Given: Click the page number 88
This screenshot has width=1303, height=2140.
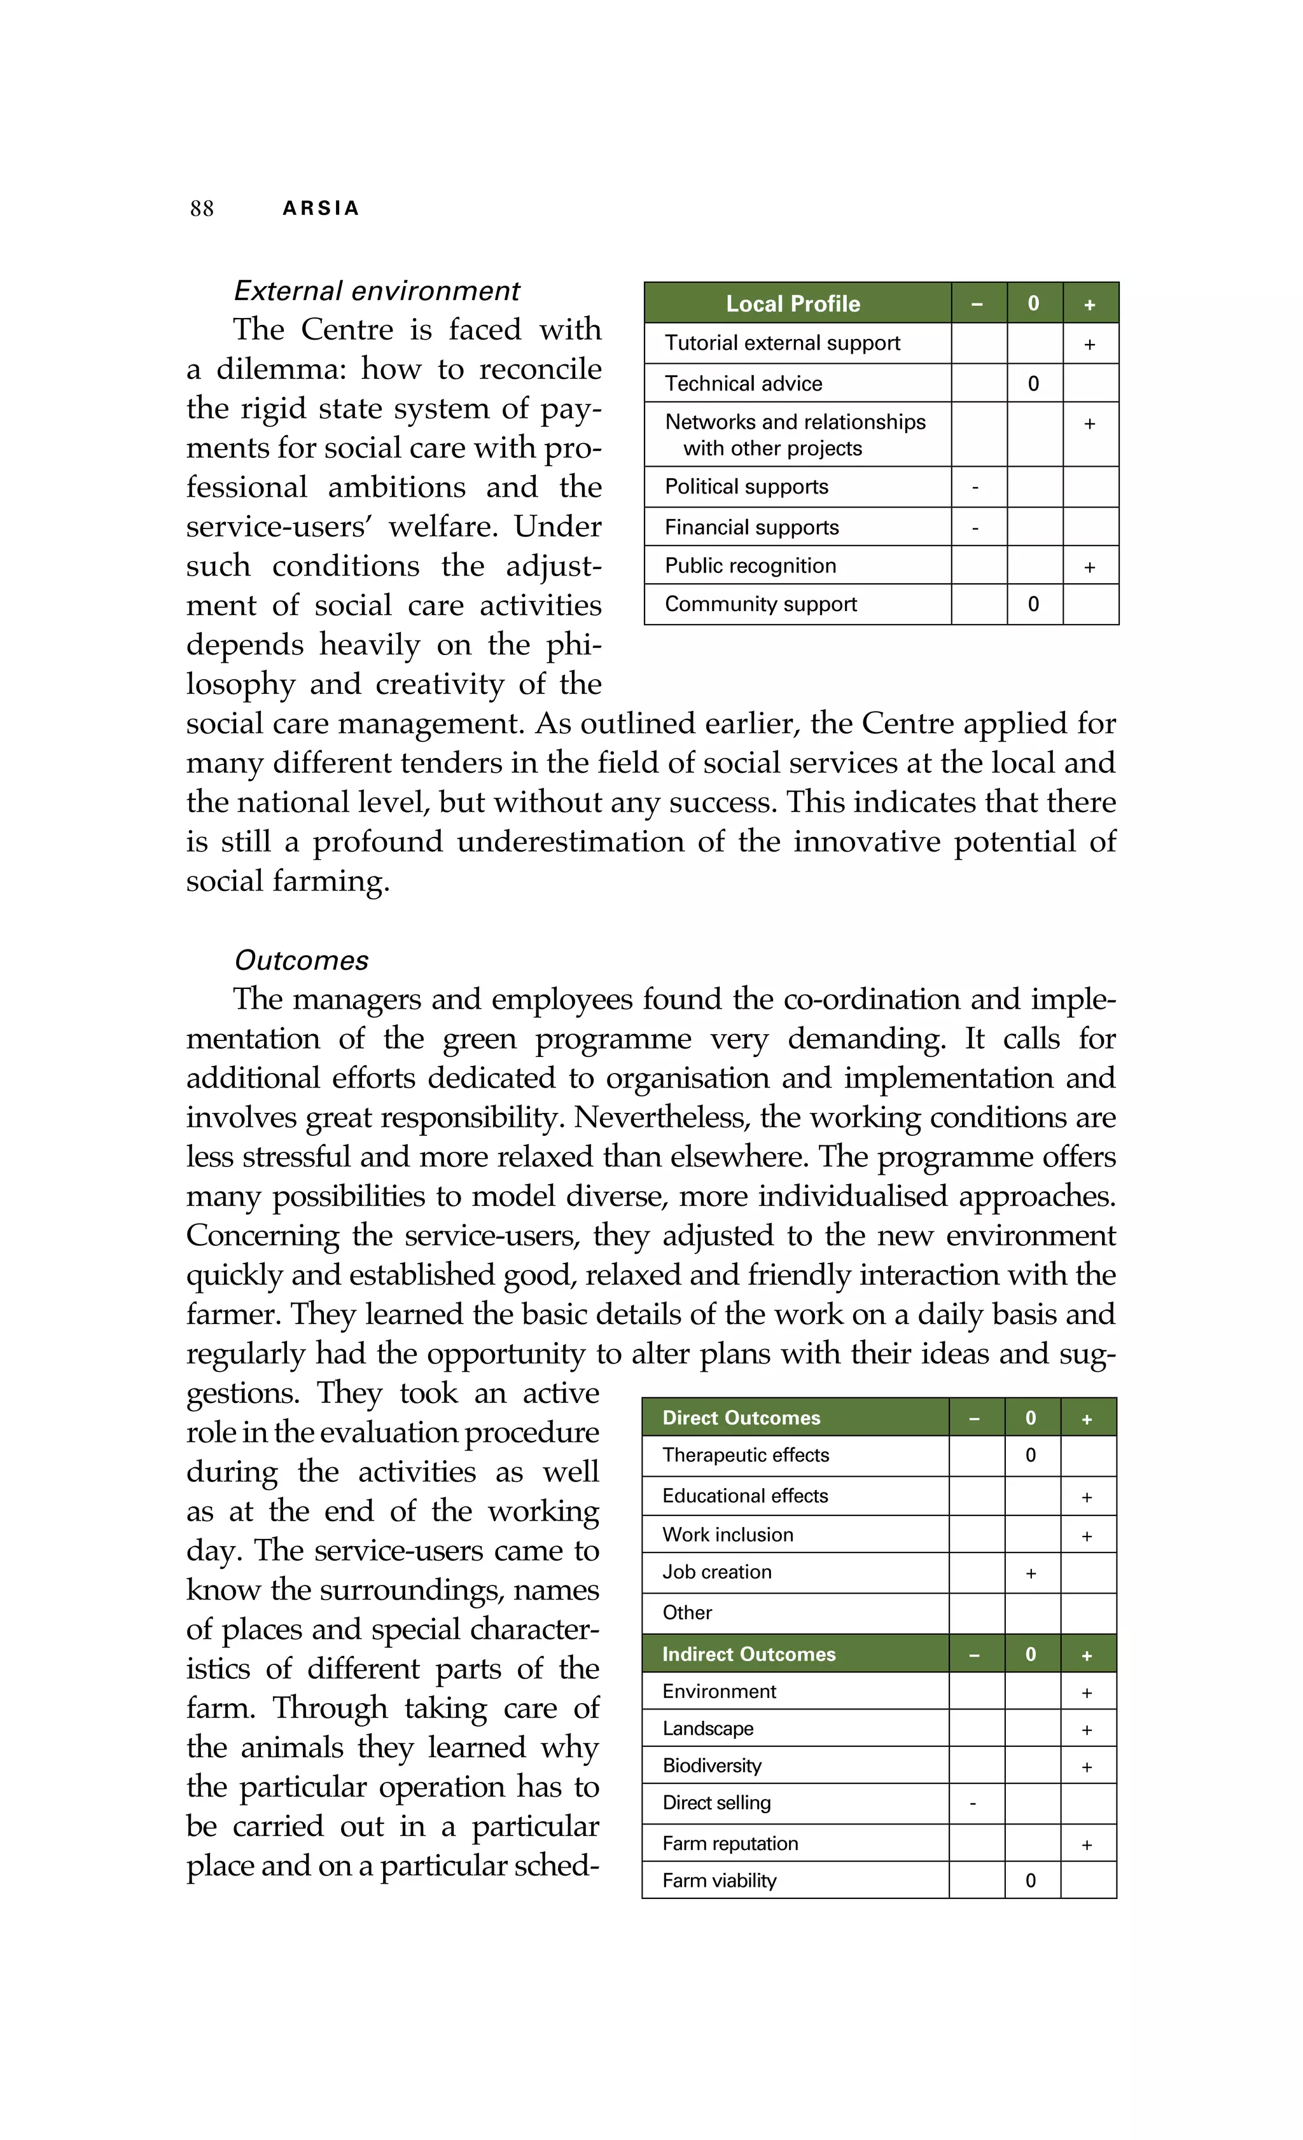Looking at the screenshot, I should click(x=202, y=209).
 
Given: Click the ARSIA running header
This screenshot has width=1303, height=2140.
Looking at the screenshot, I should click(x=321, y=209).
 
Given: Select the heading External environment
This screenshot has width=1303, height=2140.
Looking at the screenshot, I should click(x=376, y=291).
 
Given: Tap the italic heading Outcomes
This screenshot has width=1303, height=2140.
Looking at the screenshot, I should click(x=302, y=960).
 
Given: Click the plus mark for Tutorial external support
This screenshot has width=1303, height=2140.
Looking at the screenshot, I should click(x=1089, y=345).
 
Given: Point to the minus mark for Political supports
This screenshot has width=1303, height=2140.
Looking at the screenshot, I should click(x=975, y=488).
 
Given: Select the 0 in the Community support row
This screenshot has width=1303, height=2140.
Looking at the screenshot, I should click(x=1033, y=605).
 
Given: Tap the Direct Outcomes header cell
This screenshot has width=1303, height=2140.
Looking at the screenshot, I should click(x=741, y=1418).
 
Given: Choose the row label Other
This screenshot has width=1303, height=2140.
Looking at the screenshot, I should click(x=686, y=1613).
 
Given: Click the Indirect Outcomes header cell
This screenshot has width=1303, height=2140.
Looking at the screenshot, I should click(x=748, y=1655).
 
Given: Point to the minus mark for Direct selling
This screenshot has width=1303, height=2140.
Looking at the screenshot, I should click(x=973, y=1804).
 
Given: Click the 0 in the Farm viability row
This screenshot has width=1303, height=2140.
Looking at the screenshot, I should click(x=1030, y=1881).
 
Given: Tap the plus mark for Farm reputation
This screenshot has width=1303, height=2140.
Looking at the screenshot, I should click(x=1087, y=1845).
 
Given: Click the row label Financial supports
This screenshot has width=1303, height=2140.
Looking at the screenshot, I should click(x=751, y=527).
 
